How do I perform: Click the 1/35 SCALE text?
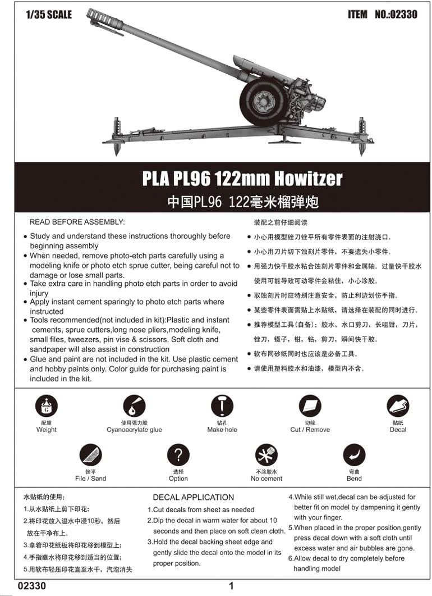[49, 15]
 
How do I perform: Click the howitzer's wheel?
[264, 101]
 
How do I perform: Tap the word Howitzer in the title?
[306, 179]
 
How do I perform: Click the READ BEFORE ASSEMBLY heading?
[77, 222]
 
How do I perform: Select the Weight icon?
[46, 406]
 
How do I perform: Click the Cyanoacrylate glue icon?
[134, 406]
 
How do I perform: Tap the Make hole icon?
[222, 406]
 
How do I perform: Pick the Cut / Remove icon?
[310, 406]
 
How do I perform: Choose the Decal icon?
[398, 406]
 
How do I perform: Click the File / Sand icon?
[90, 454]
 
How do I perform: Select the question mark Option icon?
[178, 454]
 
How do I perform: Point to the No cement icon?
[266, 454]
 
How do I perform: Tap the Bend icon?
[354, 454]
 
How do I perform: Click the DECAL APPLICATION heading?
[194, 497]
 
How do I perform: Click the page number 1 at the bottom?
[231, 586]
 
